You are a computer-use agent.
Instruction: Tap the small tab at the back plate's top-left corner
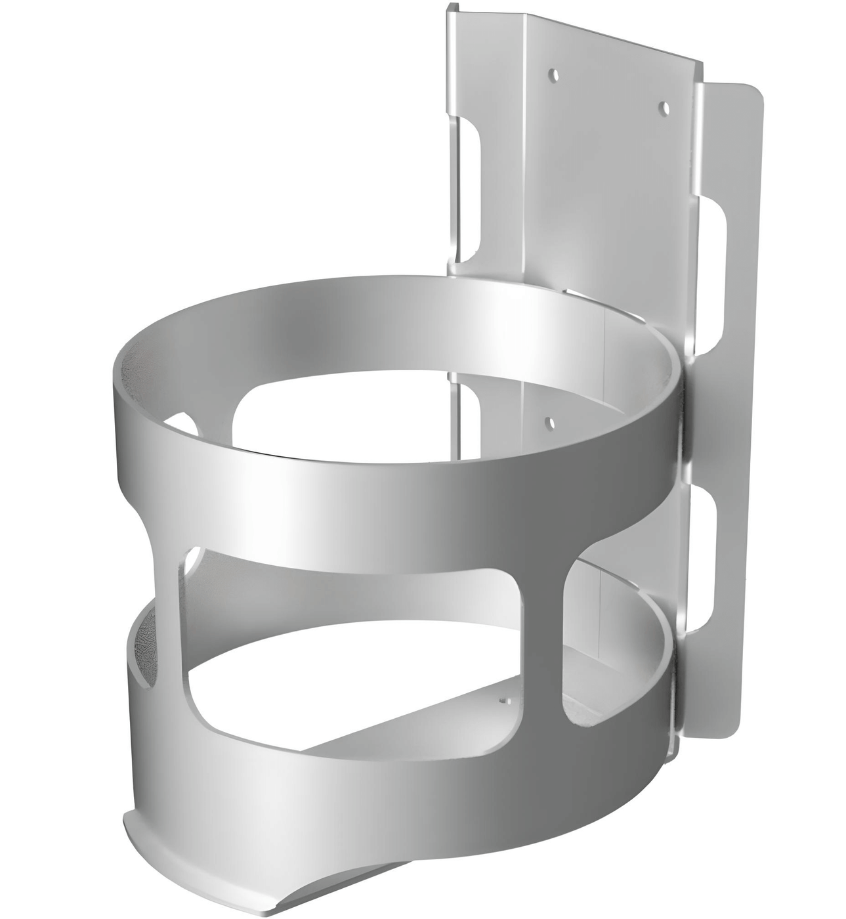pyautogui.click(x=452, y=9)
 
